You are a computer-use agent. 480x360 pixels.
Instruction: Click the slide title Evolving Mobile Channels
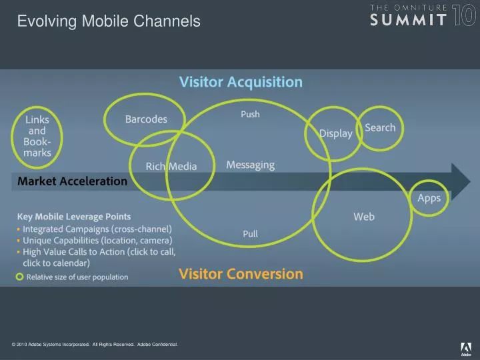click(x=108, y=21)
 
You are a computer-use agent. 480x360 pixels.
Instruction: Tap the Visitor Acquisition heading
click(x=241, y=82)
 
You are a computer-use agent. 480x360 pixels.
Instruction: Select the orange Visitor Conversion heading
click(x=241, y=273)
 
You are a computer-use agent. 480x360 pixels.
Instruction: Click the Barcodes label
click(x=146, y=119)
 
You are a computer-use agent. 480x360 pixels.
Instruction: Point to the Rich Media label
click(x=171, y=166)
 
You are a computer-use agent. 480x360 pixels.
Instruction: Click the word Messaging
click(x=250, y=164)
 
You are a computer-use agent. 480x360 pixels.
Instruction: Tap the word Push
click(x=250, y=114)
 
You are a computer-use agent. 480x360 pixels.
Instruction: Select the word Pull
click(x=250, y=234)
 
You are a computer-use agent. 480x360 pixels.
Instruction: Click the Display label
click(x=335, y=133)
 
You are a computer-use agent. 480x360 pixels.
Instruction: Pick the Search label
click(x=380, y=127)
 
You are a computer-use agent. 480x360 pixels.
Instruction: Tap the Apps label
click(x=429, y=198)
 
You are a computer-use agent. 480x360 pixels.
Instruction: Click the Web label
click(x=363, y=217)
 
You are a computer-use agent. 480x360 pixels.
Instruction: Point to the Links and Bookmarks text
click(x=37, y=136)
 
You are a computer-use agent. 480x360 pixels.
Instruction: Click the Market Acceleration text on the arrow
click(x=72, y=181)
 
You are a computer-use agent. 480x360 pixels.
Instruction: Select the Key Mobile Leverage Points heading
click(x=73, y=217)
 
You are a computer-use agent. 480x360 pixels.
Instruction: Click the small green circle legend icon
click(x=20, y=277)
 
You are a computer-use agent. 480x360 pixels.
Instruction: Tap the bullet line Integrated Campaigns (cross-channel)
click(x=97, y=229)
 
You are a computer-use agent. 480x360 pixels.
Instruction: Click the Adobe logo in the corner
click(x=465, y=348)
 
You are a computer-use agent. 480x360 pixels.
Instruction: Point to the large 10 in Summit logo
click(x=464, y=15)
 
